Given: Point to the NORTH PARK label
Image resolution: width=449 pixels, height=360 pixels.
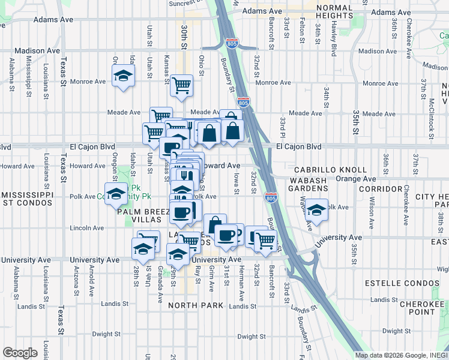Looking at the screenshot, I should tap(196, 305).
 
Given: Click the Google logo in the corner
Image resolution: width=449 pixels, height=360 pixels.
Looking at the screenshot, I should tap(20, 353).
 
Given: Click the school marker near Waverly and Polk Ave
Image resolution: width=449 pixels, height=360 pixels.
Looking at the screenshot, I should tap(317, 211).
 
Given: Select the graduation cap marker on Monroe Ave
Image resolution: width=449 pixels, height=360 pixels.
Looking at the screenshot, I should tap(123, 76).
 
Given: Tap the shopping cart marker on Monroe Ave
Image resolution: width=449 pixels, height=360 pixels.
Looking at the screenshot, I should tap(181, 85).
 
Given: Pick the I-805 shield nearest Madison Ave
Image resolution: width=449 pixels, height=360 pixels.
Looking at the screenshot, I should tap(232, 43).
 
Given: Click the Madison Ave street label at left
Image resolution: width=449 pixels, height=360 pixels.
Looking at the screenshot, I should tap(37, 51).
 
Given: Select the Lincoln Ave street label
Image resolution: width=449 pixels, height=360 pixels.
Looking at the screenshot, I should tap(87, 228).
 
